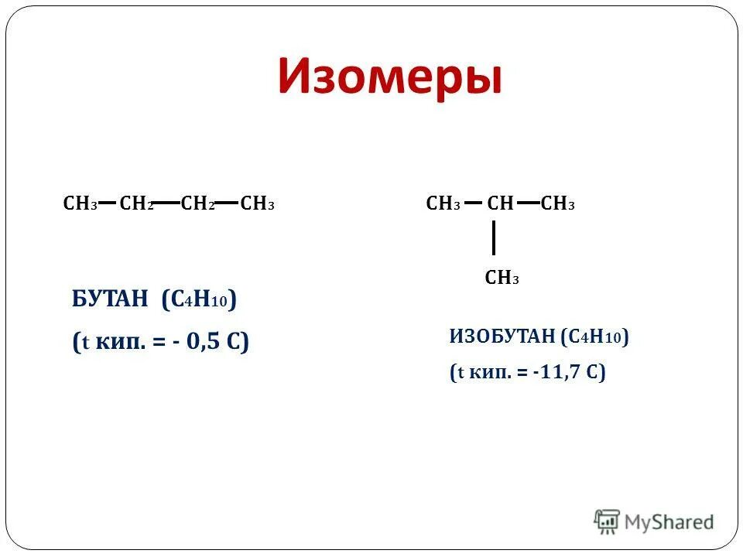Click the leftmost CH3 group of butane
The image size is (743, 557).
point(80,204)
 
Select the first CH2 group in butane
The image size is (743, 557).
point(137,204)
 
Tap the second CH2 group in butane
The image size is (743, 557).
point(197,204)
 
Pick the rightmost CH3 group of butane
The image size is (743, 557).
point(257,204)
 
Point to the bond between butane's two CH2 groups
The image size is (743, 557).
point(166,203)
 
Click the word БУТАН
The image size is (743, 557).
point(108,299)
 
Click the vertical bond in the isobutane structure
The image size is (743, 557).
point(493,237)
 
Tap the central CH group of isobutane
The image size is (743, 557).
point(500,204)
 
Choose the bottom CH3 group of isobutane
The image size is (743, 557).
point(502,278)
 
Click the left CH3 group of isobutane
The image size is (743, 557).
point(443,204)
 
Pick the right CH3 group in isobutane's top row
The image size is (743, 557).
point(558,204)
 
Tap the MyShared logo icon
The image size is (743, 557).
point(608,522)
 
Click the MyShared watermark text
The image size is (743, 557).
point(669,522)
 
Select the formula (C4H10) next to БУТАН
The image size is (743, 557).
point(199,299)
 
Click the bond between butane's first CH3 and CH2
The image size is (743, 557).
point(108,203)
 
